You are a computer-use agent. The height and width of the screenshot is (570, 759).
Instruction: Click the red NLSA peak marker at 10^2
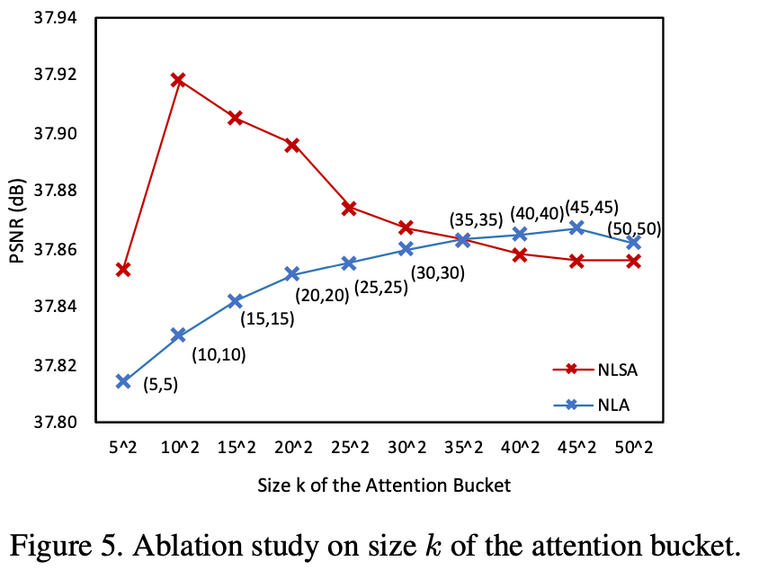pos(178,80)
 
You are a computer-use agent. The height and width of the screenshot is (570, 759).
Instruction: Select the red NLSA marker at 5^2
pos(123,270)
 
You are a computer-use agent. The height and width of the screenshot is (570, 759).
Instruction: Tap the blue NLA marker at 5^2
pos(123,381)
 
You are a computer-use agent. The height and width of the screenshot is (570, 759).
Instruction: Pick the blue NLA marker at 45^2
pos(576,228)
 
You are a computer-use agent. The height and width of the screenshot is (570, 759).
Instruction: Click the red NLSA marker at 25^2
pos(349,208)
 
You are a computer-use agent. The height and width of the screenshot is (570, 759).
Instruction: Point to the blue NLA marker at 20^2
pos(292,273)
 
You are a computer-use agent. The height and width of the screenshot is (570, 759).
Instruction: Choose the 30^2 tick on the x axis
pos(406,446)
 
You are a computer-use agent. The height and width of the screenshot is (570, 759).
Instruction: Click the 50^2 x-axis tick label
pos(633,446)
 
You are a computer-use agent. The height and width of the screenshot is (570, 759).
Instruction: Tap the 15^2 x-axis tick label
pos(236,446)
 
